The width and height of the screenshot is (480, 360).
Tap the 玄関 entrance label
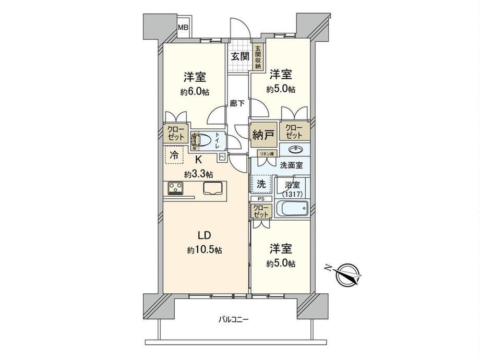coord(239,56)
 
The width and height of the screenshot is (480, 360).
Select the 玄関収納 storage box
coord(258,57)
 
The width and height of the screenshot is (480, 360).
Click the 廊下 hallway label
coord(236,103)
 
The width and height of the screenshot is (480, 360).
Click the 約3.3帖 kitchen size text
coord(198,173)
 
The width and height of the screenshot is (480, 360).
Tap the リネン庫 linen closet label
coord(269,153)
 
